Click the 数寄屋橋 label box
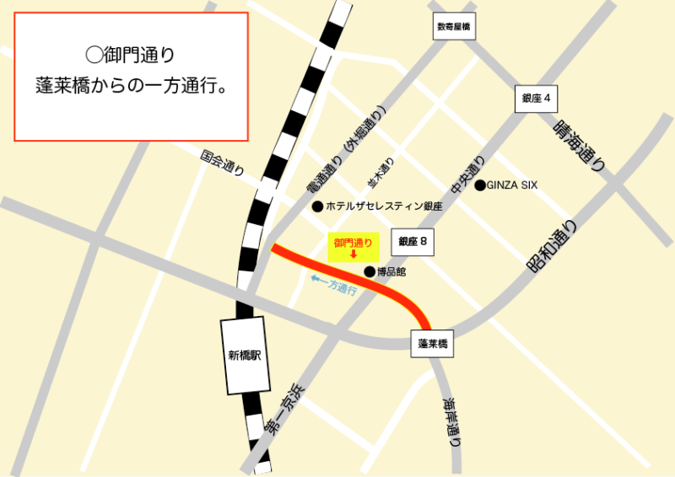pos(454,27)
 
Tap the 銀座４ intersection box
pos(536,99)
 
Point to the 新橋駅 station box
pos(245,356)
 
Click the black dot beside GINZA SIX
pos(479,185)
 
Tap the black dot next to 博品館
pos(369,271)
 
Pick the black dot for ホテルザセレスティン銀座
pos(317,206)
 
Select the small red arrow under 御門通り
pos(354,255)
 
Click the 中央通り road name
pos(468,174)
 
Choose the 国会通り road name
pos(222,163)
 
